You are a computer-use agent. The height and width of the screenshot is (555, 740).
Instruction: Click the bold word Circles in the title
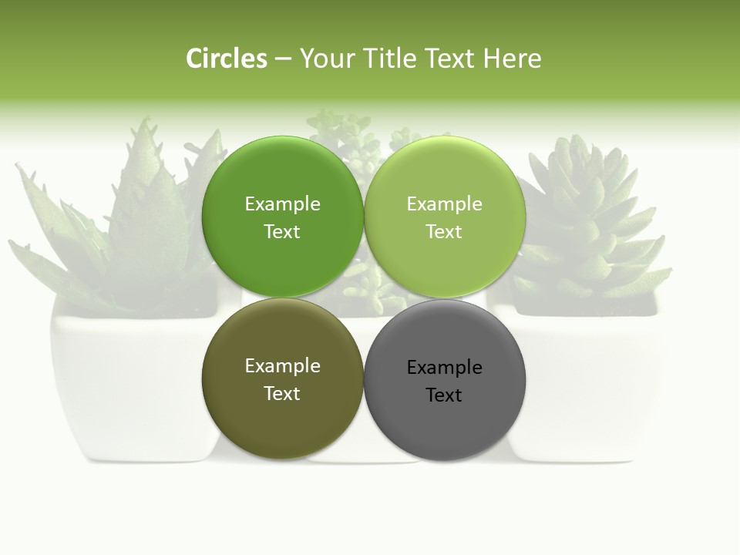(226, 59)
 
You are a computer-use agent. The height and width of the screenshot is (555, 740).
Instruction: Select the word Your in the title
(325, 59)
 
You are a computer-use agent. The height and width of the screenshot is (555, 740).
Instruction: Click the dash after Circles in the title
(283, 59)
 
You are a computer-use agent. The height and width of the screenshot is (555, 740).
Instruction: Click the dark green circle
(282, 262)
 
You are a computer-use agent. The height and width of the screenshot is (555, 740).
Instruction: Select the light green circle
(444, 262)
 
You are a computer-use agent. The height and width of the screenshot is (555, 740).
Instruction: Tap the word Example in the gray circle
(444, 368)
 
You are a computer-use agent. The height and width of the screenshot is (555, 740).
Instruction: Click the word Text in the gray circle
(444, 395)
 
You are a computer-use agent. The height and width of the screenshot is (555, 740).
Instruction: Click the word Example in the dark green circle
(282, 204)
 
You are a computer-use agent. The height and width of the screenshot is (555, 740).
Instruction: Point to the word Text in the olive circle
(282, 394)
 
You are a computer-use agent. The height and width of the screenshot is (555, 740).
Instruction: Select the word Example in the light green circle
(444, 204)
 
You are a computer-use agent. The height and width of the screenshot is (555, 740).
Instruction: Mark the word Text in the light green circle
(444, 232)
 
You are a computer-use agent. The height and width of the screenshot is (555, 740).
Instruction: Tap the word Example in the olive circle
(282, 366)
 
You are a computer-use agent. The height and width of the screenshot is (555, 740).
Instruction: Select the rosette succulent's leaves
(586, 216)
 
